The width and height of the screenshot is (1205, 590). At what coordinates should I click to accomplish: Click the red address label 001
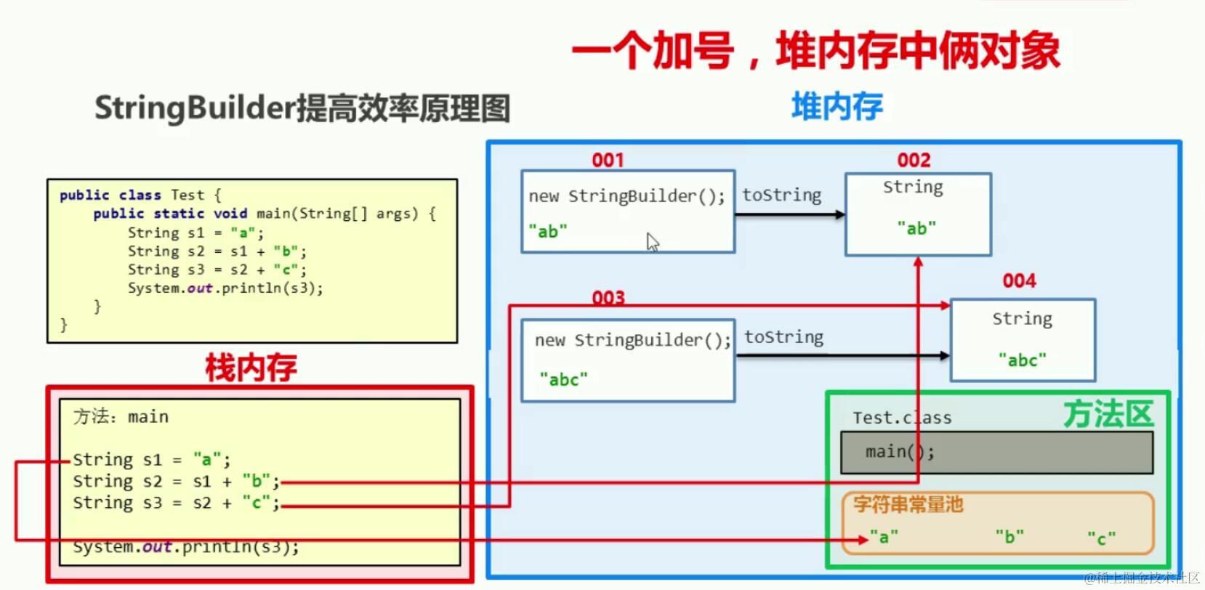[x=608, y=160]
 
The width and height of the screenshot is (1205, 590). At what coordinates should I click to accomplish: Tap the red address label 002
[x=914, y=160]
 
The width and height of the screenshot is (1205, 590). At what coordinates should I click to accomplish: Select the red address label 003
[x=608, y=298]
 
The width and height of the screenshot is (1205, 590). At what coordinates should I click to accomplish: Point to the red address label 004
[x=1019, y=281]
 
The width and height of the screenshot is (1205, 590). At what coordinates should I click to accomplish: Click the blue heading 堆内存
[x=837, y=107]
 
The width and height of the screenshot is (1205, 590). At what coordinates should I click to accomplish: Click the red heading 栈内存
[x=251, y=368]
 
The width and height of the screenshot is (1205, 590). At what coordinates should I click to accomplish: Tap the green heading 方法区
[x=1108, y=414]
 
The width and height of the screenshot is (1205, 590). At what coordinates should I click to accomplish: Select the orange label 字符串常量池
[x=908, y=504]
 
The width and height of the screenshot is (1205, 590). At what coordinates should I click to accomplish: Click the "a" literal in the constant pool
[x=884, y=538]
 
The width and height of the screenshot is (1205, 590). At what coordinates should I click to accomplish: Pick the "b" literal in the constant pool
[x=1009, y=537]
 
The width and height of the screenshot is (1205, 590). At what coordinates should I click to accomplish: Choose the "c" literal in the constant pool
[x=1101, y=538]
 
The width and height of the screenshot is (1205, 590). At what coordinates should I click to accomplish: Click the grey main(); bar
[x=996, y=453]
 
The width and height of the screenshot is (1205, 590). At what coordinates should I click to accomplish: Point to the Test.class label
[x=902, y=418]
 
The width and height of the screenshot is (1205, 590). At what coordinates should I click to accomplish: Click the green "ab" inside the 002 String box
[x=916, y=228]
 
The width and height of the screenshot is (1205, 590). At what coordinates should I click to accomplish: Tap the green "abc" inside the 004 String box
[x=1022, y=360]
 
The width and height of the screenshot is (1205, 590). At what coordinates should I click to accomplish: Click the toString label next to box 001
[x=781, y=195]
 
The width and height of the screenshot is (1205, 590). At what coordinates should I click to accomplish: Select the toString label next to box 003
[x=783, y=337]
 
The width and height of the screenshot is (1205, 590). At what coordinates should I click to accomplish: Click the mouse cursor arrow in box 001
[x=653, y=242]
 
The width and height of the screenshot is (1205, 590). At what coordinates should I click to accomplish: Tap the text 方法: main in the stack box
[x=121, y=416]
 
